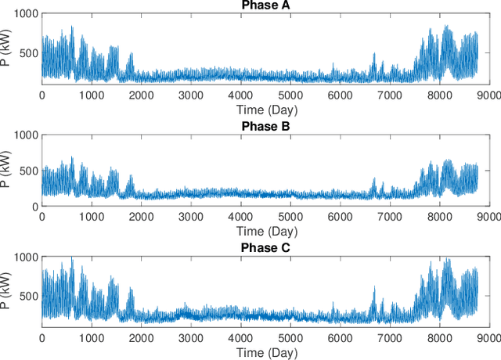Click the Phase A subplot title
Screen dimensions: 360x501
pos(265,6)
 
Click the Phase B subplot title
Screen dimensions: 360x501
pos(265,127)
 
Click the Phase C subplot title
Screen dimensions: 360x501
pos(265,248)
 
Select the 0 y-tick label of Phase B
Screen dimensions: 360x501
pos(34,207)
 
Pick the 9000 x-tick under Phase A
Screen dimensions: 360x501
pos(489,94)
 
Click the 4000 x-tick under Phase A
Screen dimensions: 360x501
pos(241,94)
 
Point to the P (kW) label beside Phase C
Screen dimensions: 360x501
pos(7,291)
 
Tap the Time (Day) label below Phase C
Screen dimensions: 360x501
pos(265,353)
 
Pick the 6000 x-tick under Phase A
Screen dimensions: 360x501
pos(341,94)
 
